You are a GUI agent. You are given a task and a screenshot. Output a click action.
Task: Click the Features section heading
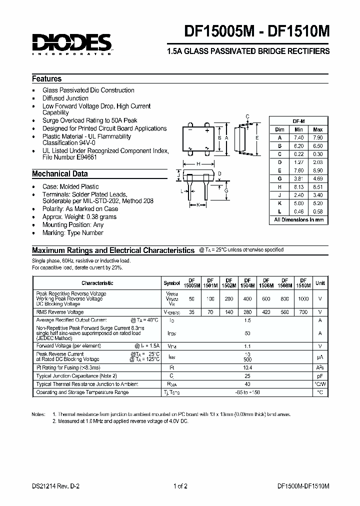pyautogui.click(x=47, y=79)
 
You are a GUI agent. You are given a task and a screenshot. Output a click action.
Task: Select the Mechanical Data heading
pyautogui.click(x=60, y=174)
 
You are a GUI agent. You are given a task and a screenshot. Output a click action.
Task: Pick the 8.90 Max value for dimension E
pyautogui.click(x=317, y=170)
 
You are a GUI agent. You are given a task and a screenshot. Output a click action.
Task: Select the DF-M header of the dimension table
pyautogui.click(x=298, y=121)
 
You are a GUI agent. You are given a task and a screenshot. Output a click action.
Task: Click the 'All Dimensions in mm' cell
pyautogui.click(x=298, y=219)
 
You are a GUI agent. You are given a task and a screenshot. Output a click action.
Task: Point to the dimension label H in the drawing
pyautogui.click(x=198, y=164)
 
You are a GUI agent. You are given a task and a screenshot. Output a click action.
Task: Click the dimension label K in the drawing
pyautogui.click(x=198, y=205)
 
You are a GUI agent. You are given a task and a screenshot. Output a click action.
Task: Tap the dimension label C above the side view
pyautogui.click(x=247, y=117)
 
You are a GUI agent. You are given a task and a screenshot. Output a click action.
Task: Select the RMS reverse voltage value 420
pyautogui.click(x=266, y=312)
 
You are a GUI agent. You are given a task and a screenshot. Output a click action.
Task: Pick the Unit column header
pyautogui.click(x=319, y=283)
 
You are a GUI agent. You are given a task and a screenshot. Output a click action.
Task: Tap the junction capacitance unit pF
pyautogui.click(x=319, y=375)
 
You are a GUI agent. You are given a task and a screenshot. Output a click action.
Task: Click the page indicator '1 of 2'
pyautogui.click(x=180, y=486)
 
